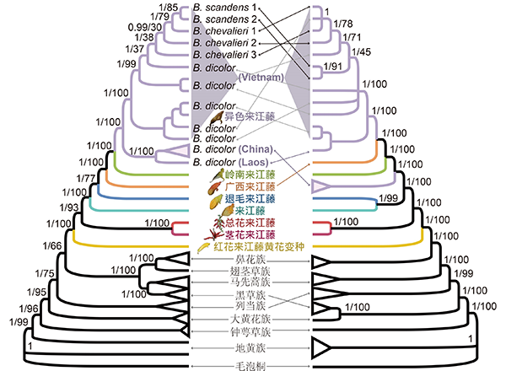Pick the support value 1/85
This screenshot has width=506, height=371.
[x=169, y=8]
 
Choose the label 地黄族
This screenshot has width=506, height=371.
[x=252, y=347]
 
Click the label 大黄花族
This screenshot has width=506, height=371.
[x=252, y=320]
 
